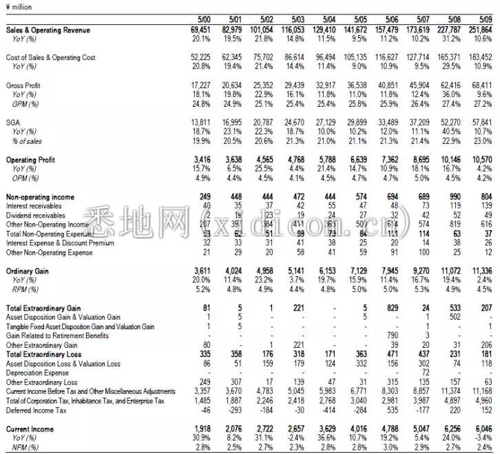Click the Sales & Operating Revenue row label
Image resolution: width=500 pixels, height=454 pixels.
[x=48, y=31]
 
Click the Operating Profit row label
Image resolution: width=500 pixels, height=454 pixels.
[x=32, y=160]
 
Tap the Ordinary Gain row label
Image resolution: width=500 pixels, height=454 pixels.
[x=28, y=271]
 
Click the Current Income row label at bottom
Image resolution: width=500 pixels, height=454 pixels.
[x=30, y=429]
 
